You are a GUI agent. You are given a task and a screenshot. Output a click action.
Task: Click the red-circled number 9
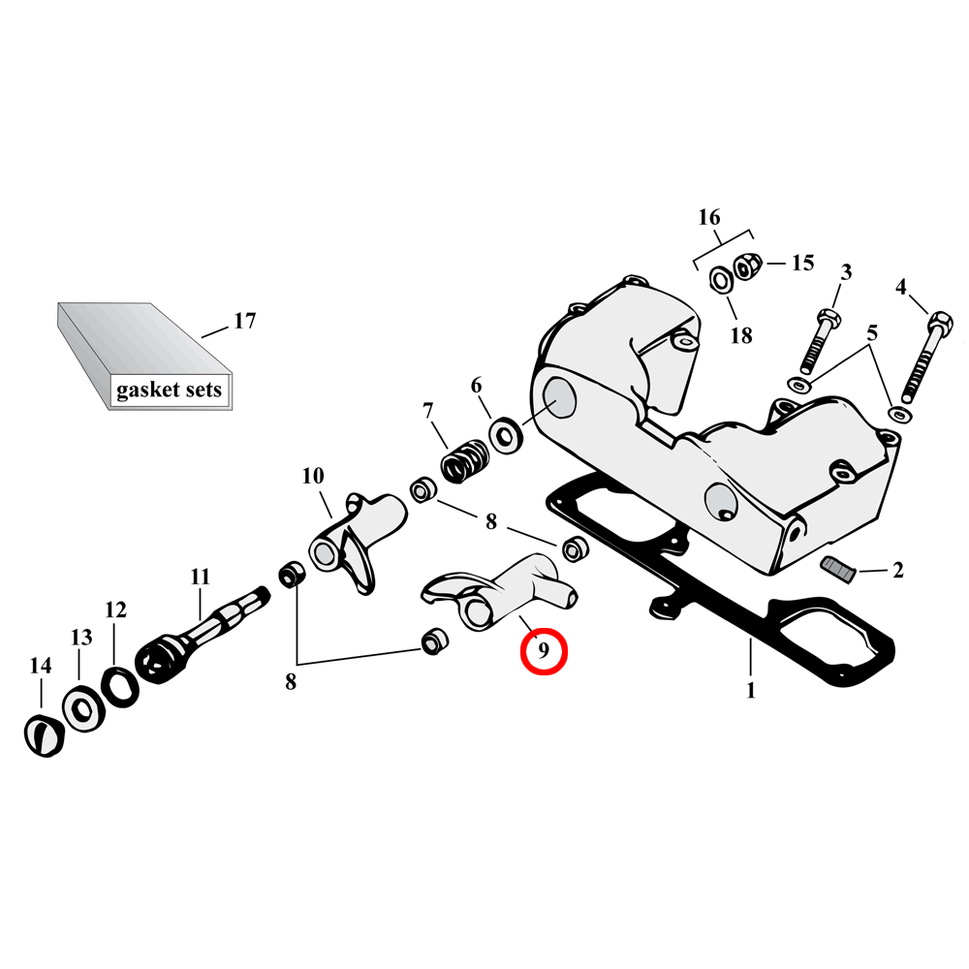coord(544,652)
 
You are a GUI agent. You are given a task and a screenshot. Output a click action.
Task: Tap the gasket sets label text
coord(169,391)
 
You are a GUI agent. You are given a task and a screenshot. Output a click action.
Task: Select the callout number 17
coord(244,321)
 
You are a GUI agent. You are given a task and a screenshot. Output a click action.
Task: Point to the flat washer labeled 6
coord(506,432)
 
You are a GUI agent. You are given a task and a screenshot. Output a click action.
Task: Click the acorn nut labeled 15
coord(745,266)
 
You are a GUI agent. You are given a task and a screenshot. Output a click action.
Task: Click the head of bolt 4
coord(939,321)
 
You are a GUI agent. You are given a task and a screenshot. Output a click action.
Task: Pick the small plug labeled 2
coord(838,569)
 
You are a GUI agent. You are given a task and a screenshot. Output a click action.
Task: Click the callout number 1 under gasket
coord(750,691)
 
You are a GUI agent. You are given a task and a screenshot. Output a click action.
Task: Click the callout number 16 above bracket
coord(709,216)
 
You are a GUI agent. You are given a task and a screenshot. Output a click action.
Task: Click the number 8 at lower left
coord(291,682)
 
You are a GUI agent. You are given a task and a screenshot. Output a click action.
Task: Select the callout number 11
coord(200,577)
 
